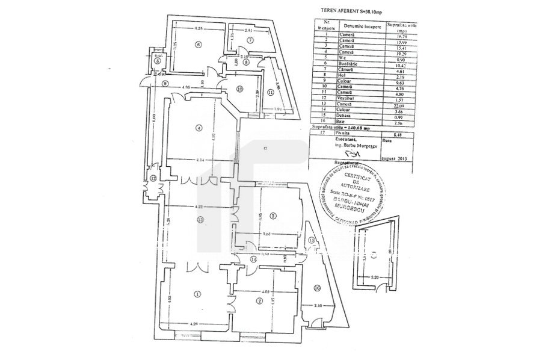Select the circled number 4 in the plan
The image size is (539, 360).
[x=197, y=128]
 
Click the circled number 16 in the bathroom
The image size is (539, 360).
[x=317, y=288]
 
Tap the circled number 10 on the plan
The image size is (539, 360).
[x=239, y=89]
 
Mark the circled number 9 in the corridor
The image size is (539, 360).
[x=163, y=82]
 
